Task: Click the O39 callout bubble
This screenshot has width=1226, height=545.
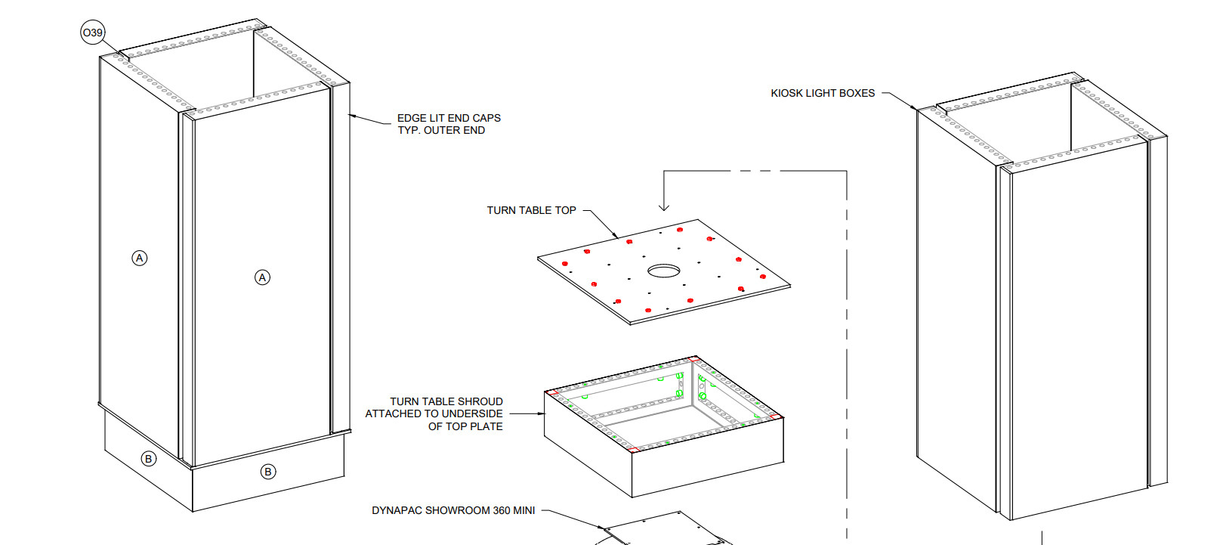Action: click(x=92, y=33)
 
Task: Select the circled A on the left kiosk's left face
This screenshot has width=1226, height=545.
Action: click(x=140, y=258)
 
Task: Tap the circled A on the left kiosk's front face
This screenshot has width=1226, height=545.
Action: click(x=262, y=277)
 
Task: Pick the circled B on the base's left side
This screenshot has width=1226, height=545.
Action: click(x=149, y=459)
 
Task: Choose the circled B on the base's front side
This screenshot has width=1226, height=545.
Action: click(x=267, y=472)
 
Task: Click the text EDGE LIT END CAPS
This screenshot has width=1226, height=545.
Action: click(x=449, y=118)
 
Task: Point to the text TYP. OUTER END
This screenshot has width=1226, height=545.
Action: click(x=441, y=130)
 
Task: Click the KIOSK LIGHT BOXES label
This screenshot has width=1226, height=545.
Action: click(x=823, y=93)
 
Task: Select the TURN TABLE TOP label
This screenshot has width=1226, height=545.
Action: click(x=531, y=210)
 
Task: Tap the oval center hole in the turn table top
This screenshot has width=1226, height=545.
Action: click(x=664, y=270)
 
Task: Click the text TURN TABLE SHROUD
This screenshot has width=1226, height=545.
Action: click(x=446, y=401)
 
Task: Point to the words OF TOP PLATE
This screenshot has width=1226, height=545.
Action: click(x=465, y=426)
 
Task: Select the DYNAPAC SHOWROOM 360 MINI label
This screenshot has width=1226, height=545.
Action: click(x=453, y=510)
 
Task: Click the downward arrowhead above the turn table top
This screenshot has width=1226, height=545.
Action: click(x=664, y=207)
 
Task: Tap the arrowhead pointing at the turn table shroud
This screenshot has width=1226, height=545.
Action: click(x=541, y=413)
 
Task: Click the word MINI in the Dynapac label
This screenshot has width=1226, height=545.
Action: click(x=523, y=510)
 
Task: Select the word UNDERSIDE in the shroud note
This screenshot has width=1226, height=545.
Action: click(x=474, y=413)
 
